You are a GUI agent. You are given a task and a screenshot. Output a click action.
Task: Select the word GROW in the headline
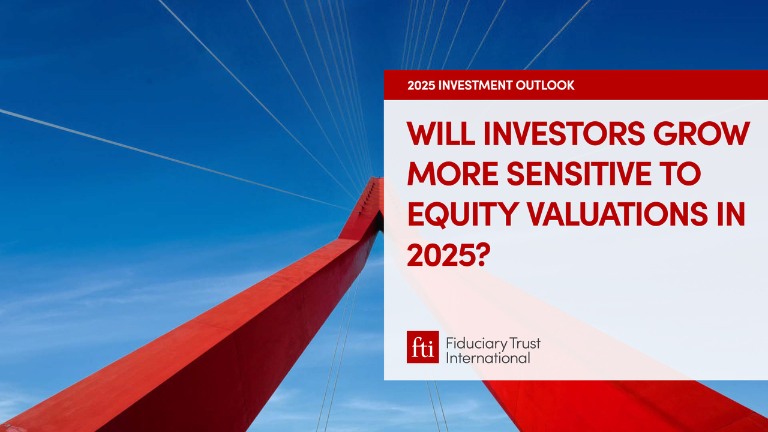click(x=702, y=133)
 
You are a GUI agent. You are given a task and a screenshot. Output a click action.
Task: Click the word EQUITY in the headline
click(x=462, y=214)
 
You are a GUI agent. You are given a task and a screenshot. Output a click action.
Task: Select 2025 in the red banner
click(x=421, y=85)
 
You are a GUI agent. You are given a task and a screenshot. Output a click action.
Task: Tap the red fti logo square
click(x=423, y=347)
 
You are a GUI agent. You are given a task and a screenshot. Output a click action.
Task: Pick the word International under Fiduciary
click(x=488, y=358)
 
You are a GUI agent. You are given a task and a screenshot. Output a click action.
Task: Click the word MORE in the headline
click(x=452, y=173)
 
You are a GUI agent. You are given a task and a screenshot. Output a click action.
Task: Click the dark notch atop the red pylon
click(x=379, y=222)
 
